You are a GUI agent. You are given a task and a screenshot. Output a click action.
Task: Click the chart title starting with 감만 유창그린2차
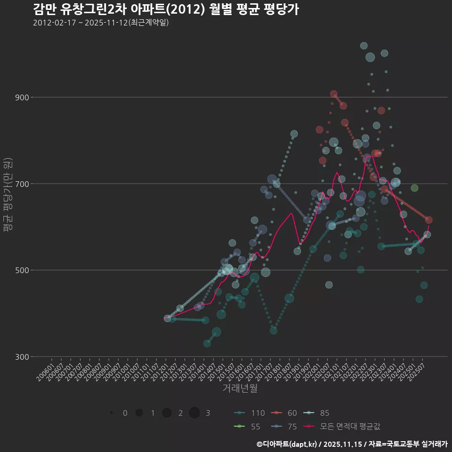[x=166, y=9]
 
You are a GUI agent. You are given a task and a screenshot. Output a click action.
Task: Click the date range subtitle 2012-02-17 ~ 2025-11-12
[x=101, y=23]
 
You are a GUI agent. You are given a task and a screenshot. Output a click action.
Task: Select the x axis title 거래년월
[x=240, y=388]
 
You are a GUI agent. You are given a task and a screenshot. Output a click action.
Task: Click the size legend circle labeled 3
[x=195, y=413]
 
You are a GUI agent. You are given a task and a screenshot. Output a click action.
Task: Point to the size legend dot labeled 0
[x=112, y=413]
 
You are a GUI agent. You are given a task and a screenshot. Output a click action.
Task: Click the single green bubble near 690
[x=414, y=188]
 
